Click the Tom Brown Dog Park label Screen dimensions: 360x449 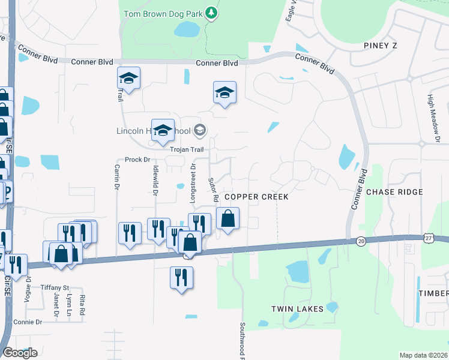[163, 13]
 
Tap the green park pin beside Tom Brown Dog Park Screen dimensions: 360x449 [211, 13]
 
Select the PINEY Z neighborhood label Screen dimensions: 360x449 [381, 46]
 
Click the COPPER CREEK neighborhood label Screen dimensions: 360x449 [256, 197]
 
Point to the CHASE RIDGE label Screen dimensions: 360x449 [394, 192]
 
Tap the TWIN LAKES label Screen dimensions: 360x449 [297, 309]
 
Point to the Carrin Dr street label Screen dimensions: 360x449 [116, 178]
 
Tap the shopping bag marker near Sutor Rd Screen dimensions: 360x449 [228, 220]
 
